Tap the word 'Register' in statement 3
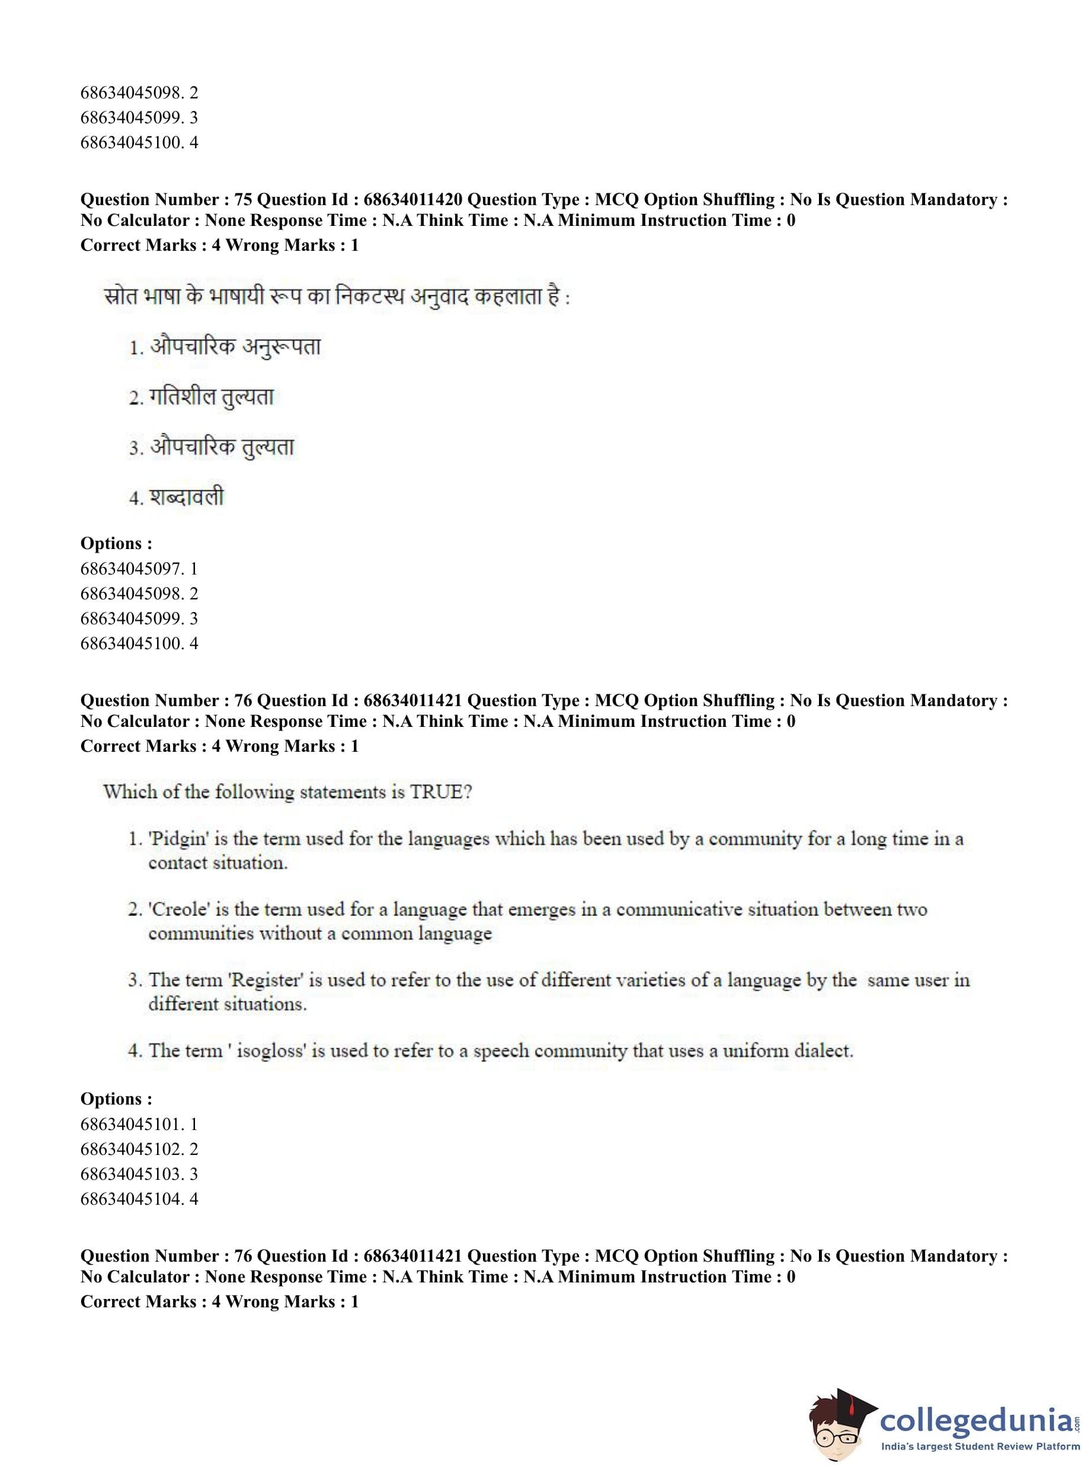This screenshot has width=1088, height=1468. (265, 981)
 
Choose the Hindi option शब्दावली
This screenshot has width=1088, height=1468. (187, 497)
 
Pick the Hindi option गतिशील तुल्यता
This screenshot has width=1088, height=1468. (211, 397)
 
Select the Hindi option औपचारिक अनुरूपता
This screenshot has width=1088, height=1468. (235, 347)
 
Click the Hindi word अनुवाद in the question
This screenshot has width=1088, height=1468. (439, 296)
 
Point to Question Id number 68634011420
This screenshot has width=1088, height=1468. (413, 200)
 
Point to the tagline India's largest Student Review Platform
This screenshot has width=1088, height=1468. (980, 1447)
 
